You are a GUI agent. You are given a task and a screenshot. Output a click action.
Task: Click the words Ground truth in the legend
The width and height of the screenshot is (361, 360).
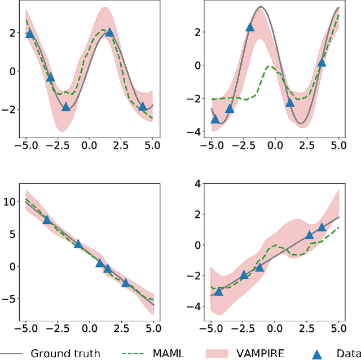[x=65, y=354]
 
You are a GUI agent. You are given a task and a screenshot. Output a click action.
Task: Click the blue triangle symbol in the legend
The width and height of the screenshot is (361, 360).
[x=317, y=354]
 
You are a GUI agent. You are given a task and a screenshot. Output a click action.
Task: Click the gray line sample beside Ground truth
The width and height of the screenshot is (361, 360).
[x=11, y=354]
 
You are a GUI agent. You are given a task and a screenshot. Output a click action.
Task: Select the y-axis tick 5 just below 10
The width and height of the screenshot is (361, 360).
[x=12, y=233]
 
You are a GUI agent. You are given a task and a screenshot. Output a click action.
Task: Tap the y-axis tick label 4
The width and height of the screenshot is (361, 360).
[x=197, y=183]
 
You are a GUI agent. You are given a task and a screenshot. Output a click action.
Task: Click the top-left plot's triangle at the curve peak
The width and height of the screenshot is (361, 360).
[x=109, y=32]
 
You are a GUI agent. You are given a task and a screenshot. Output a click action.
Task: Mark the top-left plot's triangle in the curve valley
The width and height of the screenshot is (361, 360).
[x=66, y=107]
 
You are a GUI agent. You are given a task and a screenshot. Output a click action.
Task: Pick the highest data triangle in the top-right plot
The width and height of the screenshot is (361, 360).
[x=250, y=27]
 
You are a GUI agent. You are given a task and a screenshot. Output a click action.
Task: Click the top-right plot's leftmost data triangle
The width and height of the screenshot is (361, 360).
[x=215, y=119]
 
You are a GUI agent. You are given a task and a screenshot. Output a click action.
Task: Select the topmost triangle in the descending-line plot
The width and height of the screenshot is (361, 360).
[x=47, y=219]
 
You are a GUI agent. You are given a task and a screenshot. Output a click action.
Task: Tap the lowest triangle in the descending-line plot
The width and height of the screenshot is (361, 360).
[x=125, y=283]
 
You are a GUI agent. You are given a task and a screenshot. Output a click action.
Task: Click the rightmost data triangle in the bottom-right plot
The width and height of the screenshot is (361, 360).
[x=322, y=227]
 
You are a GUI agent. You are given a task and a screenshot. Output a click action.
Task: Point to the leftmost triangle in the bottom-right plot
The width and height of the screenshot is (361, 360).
[x=219, y=291]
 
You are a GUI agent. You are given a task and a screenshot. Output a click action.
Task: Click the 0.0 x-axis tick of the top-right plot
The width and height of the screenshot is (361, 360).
[x=275, y=144]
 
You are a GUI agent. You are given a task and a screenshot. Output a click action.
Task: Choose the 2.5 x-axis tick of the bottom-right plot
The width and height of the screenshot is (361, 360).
[x=307, y=328]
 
